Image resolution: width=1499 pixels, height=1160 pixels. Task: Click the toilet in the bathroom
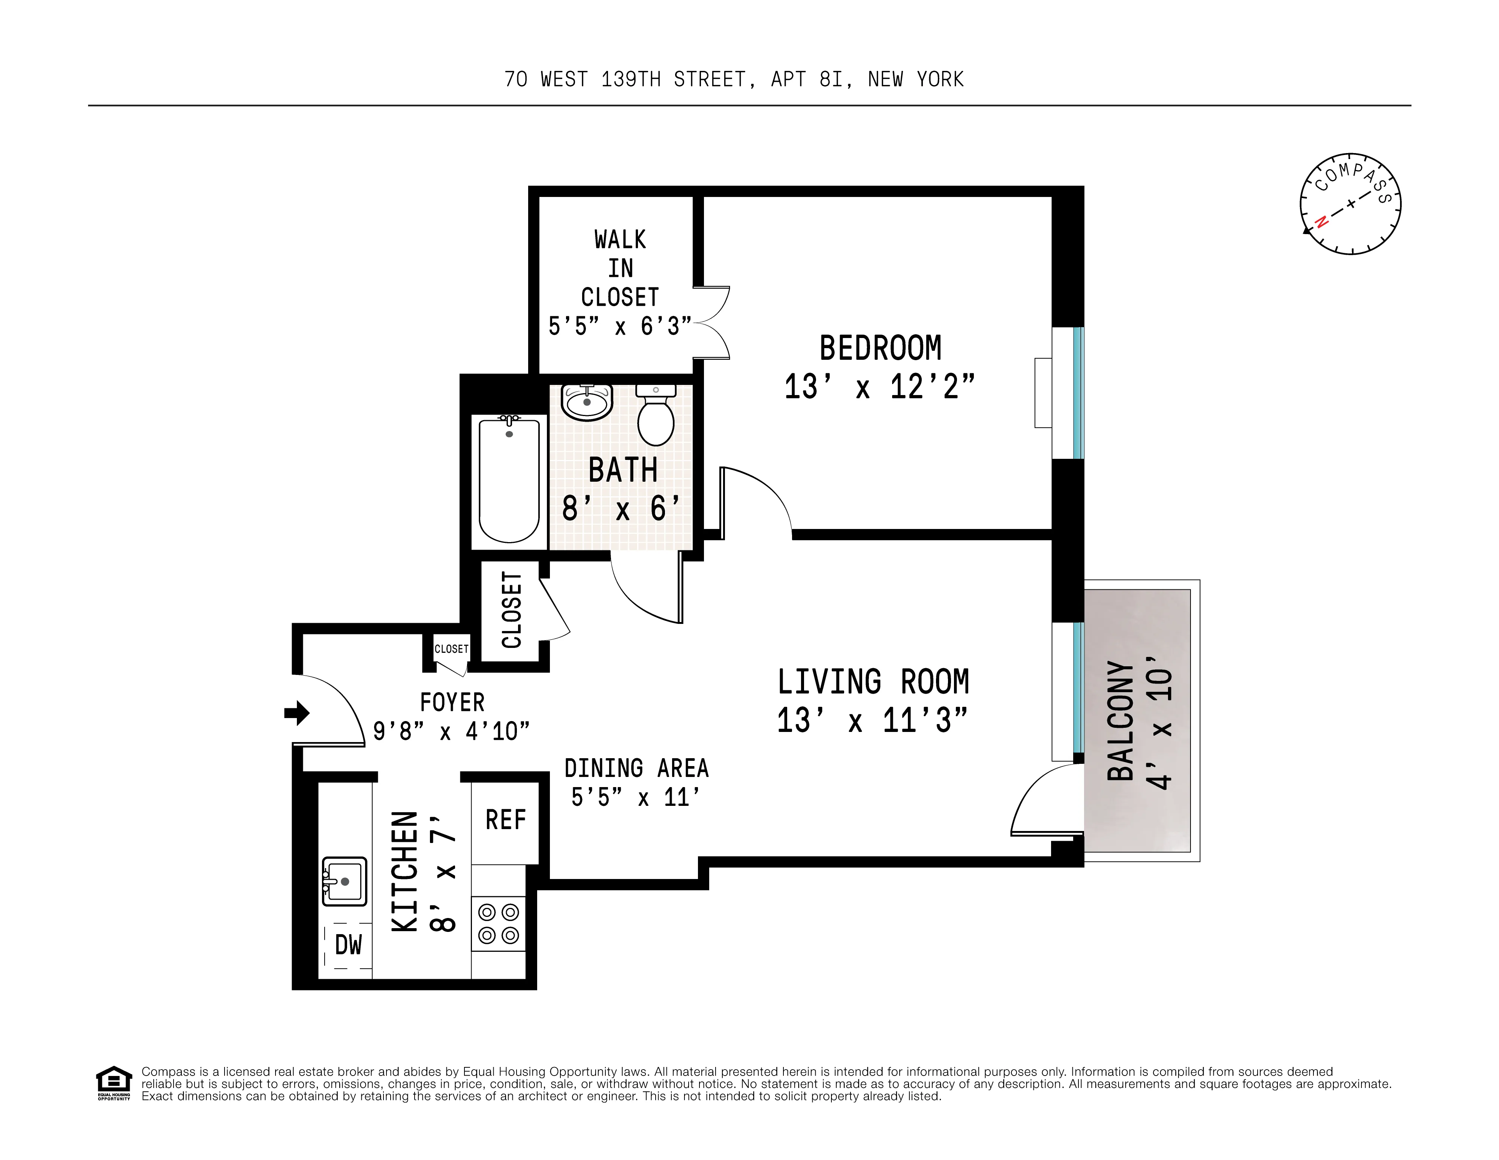(x=656, y=420)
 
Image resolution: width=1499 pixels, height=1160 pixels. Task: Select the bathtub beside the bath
(x=509, y=481)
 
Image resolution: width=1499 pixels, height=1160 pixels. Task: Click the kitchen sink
(x=344, y=881)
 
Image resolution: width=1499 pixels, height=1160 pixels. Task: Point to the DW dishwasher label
(x=348, y=945)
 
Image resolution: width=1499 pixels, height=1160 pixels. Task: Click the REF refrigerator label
(x=505, y=820)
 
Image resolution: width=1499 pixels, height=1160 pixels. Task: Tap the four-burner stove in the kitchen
(x=498, y=924)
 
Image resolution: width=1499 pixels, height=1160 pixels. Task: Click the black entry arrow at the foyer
(x=297, y=713)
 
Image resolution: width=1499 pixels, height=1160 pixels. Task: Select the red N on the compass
(x=1320, y=222)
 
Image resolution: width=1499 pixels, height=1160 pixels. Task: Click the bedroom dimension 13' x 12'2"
(x=879, y=387)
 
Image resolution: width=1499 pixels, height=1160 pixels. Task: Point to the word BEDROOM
(x=881, y=348)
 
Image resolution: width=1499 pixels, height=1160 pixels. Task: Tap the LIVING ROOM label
(x=873, y=682)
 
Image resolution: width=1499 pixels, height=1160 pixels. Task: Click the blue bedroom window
(x=1078, y=393)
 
